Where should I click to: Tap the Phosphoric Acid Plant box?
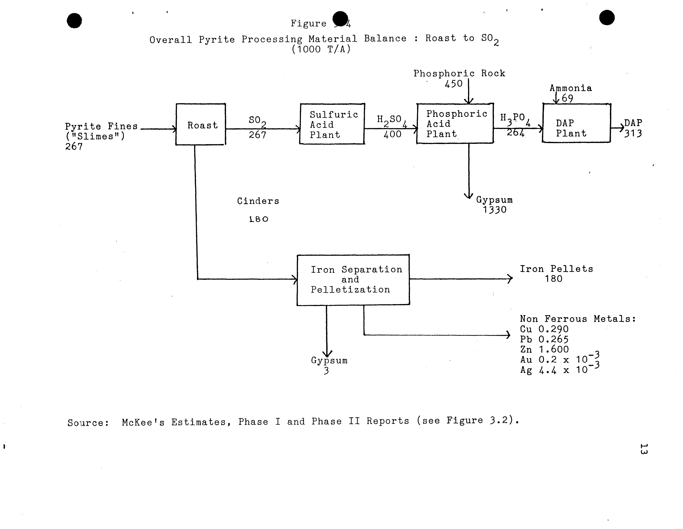455,124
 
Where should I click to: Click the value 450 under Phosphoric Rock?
453,84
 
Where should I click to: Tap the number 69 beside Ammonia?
567,98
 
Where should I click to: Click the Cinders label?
258,201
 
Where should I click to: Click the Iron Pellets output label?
556,269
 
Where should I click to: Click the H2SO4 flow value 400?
392,135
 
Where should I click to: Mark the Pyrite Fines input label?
101,126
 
